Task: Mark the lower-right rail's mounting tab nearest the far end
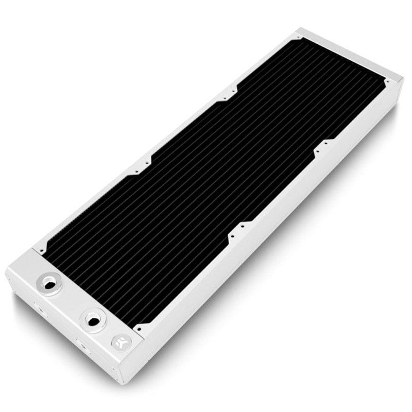coord(322,147)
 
